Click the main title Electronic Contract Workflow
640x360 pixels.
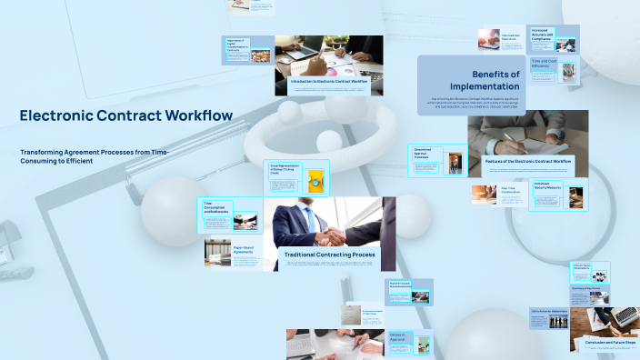click(x=125, y=115)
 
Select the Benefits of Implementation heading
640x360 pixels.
click(x=495, y=79)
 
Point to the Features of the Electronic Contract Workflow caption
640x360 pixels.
click(x=528, y=161)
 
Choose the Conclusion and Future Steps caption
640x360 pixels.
click(x=605, y=342)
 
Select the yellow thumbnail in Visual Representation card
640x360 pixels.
click(x=315, y=180)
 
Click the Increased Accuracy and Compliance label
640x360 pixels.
click(x=537, y=38)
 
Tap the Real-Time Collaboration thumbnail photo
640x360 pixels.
click(x=484, y=194)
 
